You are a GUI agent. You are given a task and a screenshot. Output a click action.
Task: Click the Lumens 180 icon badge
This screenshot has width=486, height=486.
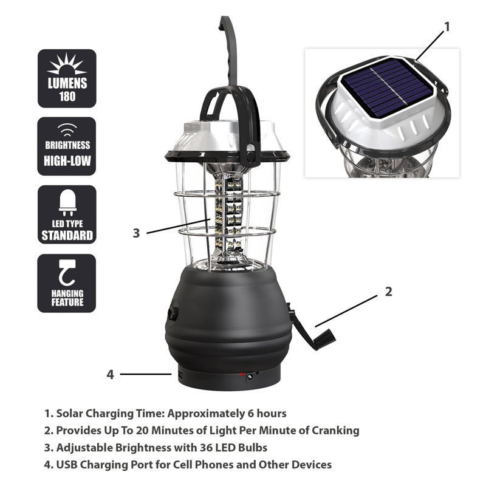pyautogui.click(x=67, y=78)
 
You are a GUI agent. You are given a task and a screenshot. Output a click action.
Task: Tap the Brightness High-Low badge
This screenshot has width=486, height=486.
pyautogui.click(x=67, y=146)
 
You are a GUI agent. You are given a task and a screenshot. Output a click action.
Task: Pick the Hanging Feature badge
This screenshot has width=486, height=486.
pyautogui.click(x=67, y=283)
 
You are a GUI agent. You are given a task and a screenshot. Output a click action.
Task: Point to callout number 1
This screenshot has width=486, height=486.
pyautogui.click(x=447, y=27)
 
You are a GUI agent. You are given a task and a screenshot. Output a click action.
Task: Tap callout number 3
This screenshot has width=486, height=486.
pyautogui.click(x=137, y=233)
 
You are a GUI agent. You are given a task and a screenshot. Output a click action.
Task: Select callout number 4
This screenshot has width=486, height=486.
pyautogui.click(x=111, y=374)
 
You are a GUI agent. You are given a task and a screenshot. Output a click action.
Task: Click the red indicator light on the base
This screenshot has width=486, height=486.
pyautogui.click(x=241, y=374)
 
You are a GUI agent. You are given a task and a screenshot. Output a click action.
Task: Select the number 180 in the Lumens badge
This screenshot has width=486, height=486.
pyautogui.click(x=67, y=96)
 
